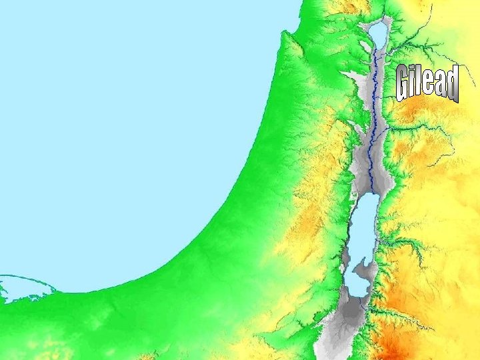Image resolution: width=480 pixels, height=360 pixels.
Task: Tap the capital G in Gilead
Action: pyautogui.click(x=404, y=85)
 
